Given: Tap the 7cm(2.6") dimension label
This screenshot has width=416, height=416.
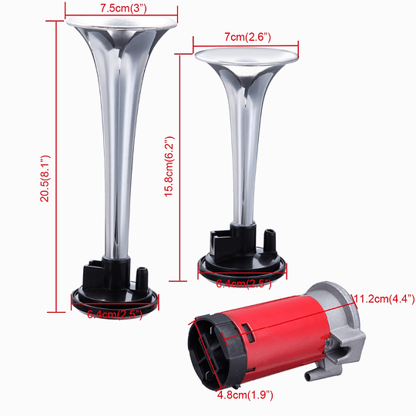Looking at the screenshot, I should coord(243,36).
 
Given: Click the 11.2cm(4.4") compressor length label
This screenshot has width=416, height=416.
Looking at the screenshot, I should coord(383,299).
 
